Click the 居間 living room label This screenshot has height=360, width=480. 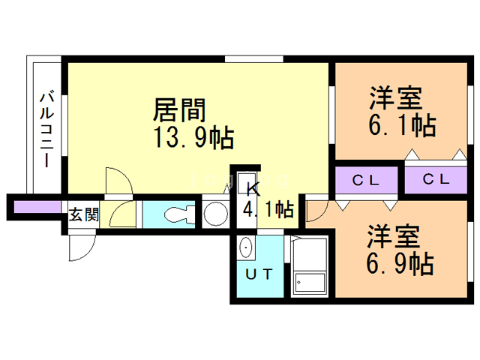click(x=179, y=110)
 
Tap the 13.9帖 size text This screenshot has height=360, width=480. click(x=193, y=138)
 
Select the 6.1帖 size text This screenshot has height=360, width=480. click(x=402, y=124)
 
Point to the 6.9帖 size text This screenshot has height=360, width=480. click(x=400, y=263)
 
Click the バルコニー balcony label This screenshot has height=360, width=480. click(x=46, y=130)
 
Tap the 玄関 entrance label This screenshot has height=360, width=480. click(x=83, y=214)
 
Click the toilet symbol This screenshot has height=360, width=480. click(x=180, y=214)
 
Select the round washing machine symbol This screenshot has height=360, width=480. click(x=216, y=213)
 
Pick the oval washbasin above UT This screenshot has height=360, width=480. click(x=246, y=247)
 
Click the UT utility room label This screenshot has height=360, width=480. click(x=259, y=274)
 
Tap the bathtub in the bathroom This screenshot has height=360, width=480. click(x=310, y=265)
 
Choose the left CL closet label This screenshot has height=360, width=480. click(x=366, y=180)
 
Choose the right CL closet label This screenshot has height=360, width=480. click(x=436, y=179)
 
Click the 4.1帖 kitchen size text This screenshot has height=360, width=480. click(x=268, y=209)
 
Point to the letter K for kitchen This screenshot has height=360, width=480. click(x=253, y=190)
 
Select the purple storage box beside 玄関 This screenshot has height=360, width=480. click(x=37, y=207)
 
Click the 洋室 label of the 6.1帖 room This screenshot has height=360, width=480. click(x=395, y=98)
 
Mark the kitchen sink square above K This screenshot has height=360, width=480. click(x=247, y=182)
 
